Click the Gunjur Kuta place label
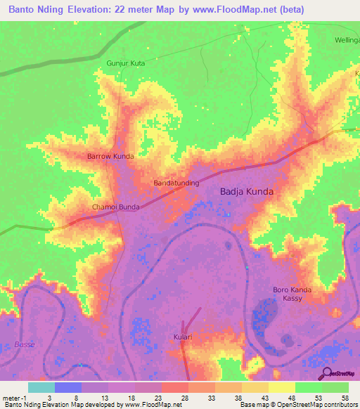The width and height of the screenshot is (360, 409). (125, 63)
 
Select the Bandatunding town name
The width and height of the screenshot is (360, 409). (176, 183)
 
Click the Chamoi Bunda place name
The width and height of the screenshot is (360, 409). (116, 207)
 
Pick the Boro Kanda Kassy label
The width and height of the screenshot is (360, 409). (292, 294)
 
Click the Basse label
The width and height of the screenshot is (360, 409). (24, 344)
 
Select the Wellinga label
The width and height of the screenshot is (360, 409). (346, 40)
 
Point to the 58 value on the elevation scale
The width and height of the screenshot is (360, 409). (344, 397)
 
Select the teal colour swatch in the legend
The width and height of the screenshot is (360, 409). (41, 387)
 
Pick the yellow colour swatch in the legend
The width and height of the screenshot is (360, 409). (282, 387)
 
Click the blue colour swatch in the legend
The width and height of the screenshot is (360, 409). (68, 387)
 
